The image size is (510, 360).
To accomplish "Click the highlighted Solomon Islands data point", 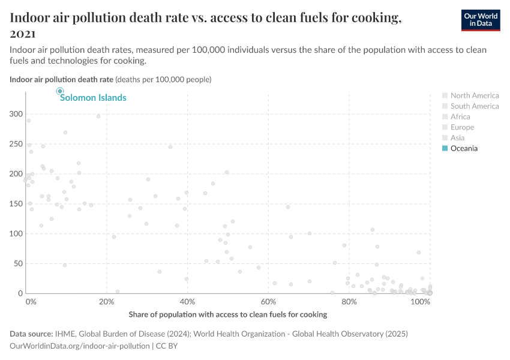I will tap(60, 91).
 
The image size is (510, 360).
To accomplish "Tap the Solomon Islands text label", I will tap(93, 98).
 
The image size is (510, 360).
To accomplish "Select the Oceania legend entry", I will tap(464, 148).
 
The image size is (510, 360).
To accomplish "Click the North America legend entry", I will tap(474, 95).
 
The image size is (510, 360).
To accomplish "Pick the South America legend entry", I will tap(474, 106).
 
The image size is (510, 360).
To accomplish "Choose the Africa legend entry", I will tap(460, 116).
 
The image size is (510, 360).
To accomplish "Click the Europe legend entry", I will tap(462, 127).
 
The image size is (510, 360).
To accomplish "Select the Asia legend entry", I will tap(457, 138).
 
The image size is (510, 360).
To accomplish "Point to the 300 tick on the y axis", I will tap(16, 114).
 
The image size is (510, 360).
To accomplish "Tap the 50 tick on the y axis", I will tap(18, 263).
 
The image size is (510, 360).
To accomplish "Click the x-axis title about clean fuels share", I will tap(227, 314).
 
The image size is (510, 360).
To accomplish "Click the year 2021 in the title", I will tap(23, 34).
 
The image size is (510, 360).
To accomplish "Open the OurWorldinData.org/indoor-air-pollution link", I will tap(80, 346).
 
